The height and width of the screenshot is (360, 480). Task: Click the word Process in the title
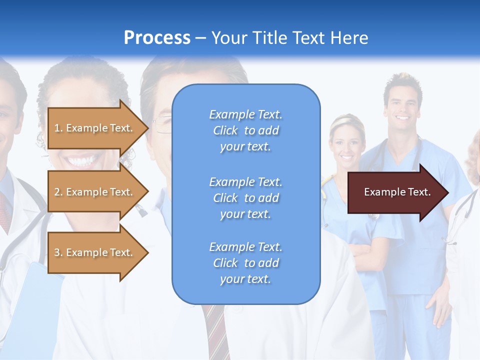157,38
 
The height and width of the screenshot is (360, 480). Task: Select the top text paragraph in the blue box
245,130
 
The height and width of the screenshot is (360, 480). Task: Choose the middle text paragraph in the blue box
245,198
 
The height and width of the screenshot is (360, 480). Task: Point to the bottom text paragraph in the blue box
245,263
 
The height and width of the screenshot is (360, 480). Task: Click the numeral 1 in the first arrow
57,128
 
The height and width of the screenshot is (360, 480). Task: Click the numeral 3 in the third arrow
57,252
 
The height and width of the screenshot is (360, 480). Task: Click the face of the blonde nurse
346,145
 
